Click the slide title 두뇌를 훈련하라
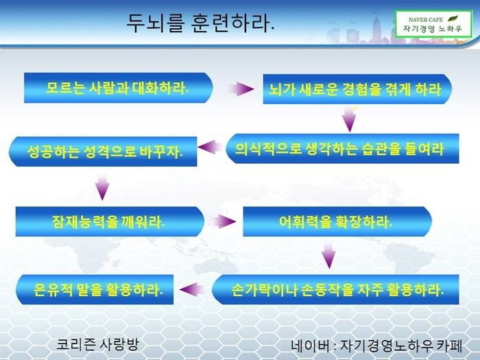coord(200,23)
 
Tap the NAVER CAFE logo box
coord(433,24)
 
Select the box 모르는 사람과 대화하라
coord(118,88)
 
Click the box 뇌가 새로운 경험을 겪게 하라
coord(357,89)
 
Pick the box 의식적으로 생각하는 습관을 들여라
coord(342,149)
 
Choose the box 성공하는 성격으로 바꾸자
coord(103,152)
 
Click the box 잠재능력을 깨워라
coord(110,221)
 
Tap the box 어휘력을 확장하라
coord(337,221)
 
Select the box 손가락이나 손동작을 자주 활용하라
coord(335,289)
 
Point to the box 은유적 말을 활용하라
coord(95,289)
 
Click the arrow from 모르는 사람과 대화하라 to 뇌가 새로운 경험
coord(241,89)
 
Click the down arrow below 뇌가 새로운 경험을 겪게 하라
coord(349,119)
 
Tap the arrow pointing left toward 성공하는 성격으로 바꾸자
coord(211,147)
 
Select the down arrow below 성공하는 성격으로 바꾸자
coord(102,188)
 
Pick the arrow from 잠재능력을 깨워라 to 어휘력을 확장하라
coord(223,221)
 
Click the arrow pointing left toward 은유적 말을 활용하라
coord(192,289)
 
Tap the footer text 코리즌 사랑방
coord(97,345)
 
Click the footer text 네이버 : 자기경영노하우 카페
coord(376,346)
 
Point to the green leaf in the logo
coord(453,19)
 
